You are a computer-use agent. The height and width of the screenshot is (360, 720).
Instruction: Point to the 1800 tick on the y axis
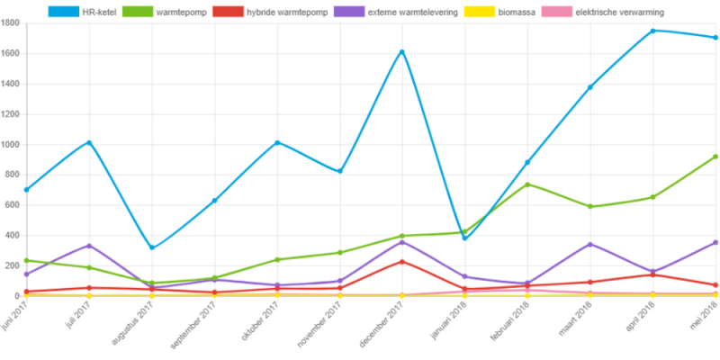(12, 23)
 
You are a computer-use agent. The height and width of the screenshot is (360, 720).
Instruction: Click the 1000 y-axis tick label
(12, 145)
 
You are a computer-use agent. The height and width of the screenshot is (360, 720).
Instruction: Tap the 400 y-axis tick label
(13, 236)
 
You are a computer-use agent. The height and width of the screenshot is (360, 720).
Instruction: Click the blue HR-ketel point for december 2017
(401, 52)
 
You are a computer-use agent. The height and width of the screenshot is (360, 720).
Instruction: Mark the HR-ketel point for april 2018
(652, 31)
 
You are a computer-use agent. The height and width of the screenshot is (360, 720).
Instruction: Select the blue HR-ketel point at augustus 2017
(152, 248)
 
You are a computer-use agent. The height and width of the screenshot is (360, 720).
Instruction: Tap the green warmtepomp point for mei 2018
(715, 157)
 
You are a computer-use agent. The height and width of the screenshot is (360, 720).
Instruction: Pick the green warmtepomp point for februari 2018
(527, 184)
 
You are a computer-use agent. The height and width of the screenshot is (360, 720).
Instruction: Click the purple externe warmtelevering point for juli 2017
(89, 246)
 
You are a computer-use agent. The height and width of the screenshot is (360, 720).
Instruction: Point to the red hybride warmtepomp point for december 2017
(401, 262)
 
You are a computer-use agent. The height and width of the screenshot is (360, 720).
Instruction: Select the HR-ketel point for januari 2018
(464, 238)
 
